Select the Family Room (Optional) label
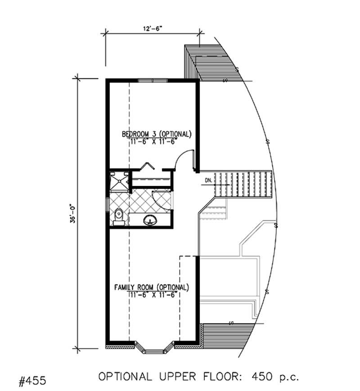(151, 287)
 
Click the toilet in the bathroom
(118, 216)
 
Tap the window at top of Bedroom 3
(153, 81)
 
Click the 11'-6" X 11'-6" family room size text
(151, 294)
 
